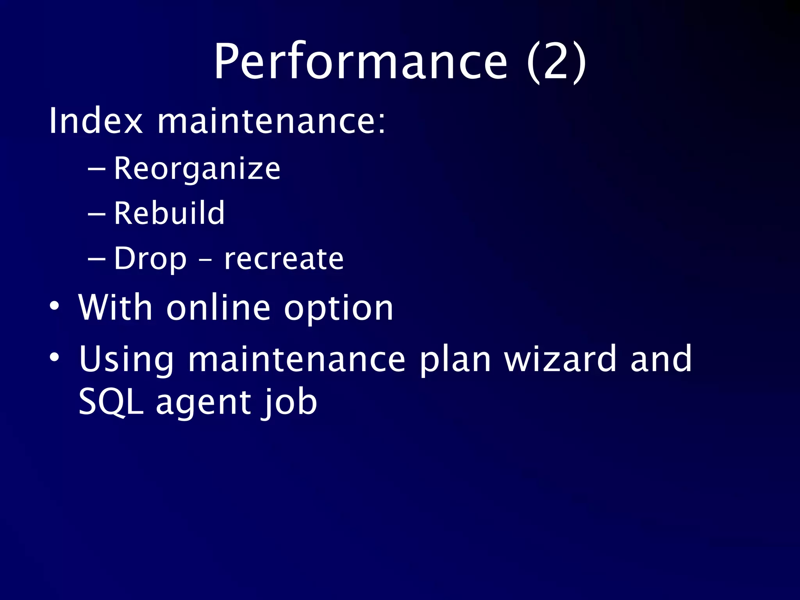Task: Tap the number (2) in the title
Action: pyautogui.click(x=556, y=62)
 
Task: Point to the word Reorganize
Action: pyautogui.click(x=197, y=169)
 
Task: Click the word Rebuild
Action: pyautogui.click(x=169, y=213)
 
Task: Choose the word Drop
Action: pyautogui.click(x=150, y=259)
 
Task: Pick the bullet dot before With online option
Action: pyautogui.click(x=55, y=306)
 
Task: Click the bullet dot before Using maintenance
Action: pyautogui.click(x=55, y=357)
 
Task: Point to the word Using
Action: pyautogui.click(x=126, y=359)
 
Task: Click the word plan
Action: pyautogui.click(x=455, y=359)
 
